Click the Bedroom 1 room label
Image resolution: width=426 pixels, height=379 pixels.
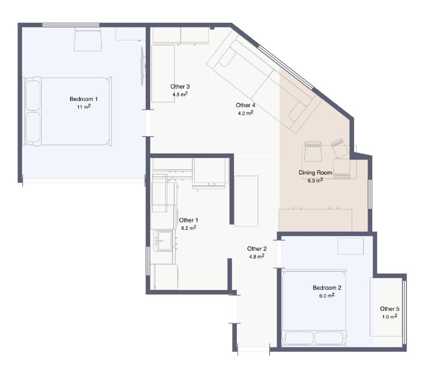click(x=83, y=99)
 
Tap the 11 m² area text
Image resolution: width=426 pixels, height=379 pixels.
click(x=83, y=107)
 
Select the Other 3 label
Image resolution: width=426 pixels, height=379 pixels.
click(x=180, y=87)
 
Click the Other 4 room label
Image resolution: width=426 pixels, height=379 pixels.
click(x=245, y=105)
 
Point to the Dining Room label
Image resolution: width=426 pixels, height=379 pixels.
click(x=315, y=172)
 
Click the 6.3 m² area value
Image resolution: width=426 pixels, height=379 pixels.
click(x=315, y=180)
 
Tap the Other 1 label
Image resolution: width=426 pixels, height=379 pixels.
click(x=189, y=220)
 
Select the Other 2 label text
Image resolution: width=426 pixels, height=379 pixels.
click(x=257, y=249)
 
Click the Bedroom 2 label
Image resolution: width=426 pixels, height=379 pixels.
click(x=327, y=288)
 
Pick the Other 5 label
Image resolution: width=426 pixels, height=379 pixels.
click(x=390, y=309)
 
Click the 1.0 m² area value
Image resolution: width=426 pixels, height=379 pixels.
click(x=390, y=317)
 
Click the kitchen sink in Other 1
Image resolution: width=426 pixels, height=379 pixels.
click(x=163, y=241)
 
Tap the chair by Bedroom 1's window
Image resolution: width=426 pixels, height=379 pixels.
click(x=88, y=39)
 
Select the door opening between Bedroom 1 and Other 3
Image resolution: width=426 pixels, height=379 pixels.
click(x=148, y=123)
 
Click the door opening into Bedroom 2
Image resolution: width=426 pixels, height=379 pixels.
click(x=279, y=254)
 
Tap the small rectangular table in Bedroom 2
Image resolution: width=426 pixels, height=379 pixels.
click(x=350, y=246)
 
